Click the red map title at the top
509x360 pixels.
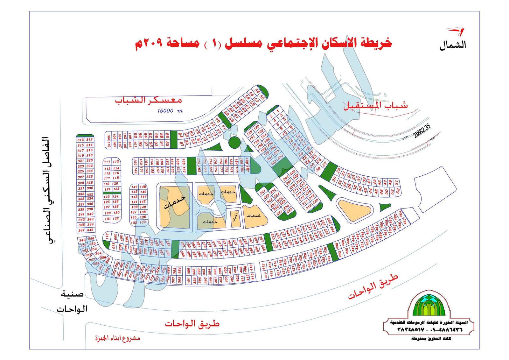[263, 43]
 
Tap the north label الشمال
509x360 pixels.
[453, 45]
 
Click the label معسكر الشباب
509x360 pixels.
[148, 100]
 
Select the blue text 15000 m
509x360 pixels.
[170, 111]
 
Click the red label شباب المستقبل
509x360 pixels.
[375, 105]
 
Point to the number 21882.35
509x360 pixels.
[422, 131]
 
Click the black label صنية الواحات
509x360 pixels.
[72, 301]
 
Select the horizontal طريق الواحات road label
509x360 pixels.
[192, 324]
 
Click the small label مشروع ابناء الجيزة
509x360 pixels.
[118, 338]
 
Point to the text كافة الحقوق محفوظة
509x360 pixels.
[431, 339]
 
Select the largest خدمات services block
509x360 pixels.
[174, 206]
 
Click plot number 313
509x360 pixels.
[80, 140]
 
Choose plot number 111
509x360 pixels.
[107, 162]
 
